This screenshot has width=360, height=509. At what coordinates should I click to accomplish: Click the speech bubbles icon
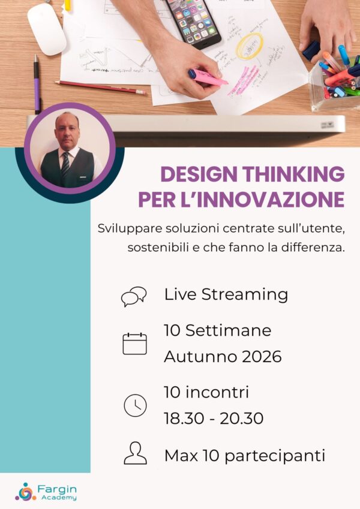(134, 296)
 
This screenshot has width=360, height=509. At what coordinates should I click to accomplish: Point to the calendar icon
(134, 344)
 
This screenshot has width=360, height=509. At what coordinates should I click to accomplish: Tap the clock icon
(135, 405)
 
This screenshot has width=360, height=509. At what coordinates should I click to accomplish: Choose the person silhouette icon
(135, 454)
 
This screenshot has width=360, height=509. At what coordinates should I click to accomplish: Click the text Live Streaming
(226, 295)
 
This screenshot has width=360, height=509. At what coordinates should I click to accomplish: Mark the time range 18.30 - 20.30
(214, 418)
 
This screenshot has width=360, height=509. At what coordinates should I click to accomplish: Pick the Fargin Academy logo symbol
(25, 491)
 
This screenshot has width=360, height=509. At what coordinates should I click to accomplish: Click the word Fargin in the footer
(57, 488)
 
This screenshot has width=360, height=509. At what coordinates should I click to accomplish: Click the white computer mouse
(46, 28)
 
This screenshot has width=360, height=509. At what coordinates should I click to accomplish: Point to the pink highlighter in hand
(207, 77)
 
